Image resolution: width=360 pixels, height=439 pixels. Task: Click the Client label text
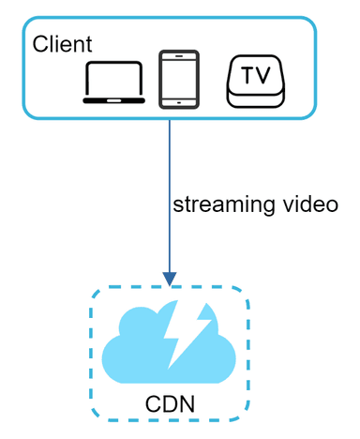pyautogui.click(x=62, y=44)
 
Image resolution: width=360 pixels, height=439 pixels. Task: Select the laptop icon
pyautogui.click(x=114, y=83)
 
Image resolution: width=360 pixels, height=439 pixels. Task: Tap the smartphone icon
pyautogui.click(x=179, y=80)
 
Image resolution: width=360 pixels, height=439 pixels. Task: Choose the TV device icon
pyautogui.click(x=253, y=82)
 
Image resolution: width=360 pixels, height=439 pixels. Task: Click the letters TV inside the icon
pyautogui.click(x=253, y=76)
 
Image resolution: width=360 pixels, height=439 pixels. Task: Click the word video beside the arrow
pyautogui.click(x=308, y=204)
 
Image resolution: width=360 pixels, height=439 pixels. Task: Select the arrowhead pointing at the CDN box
pyautogui.click(x=170, y=279)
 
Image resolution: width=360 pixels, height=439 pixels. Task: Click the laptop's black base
pyautogui.click(x=114, y=98)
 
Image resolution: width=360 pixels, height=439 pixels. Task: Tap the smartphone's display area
pyautogui.click(x=179, y=78)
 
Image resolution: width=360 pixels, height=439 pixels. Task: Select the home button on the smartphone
pyautogui.click(x=179, y=102)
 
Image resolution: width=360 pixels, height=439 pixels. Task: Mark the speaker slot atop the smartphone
pyautogui.click(x=179, y=55)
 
